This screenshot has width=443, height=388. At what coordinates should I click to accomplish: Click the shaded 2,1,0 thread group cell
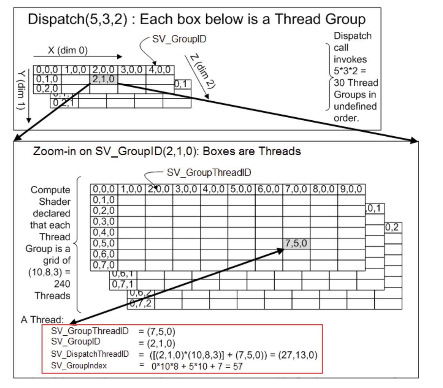(x=103, y=79)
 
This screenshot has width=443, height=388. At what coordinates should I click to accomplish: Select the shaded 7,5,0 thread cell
(x=296, y=243)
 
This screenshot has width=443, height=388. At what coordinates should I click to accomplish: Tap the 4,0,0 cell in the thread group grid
(x=160, y=70)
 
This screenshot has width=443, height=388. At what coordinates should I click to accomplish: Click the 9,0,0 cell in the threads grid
(x=351, y=189)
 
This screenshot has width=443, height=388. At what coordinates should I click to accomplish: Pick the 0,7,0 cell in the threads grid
(x=104, y=265)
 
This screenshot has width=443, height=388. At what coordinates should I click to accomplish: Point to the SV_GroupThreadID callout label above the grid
(x=209, y=173)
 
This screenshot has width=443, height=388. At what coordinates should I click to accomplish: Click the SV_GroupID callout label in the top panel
(x=179, y=39)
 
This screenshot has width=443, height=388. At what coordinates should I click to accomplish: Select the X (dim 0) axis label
(x=68, y=50)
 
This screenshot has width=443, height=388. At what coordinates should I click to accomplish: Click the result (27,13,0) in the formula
(x=298, y=355)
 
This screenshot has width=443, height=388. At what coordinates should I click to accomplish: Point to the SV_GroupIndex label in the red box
(x=79, y=365)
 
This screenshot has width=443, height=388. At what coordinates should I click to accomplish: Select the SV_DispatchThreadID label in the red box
(x=90, y=354)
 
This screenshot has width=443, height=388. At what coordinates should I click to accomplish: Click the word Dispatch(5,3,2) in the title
(x=77, y=19)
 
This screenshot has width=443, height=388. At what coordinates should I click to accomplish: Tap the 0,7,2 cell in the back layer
(x=141, y=304)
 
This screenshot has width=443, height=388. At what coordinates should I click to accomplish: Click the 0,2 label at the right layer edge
(x=392, y=227)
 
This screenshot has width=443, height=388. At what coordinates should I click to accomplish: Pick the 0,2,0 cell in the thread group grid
(x=47, y=88)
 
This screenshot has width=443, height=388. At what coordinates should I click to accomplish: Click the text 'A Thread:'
(x=42, y=319)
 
